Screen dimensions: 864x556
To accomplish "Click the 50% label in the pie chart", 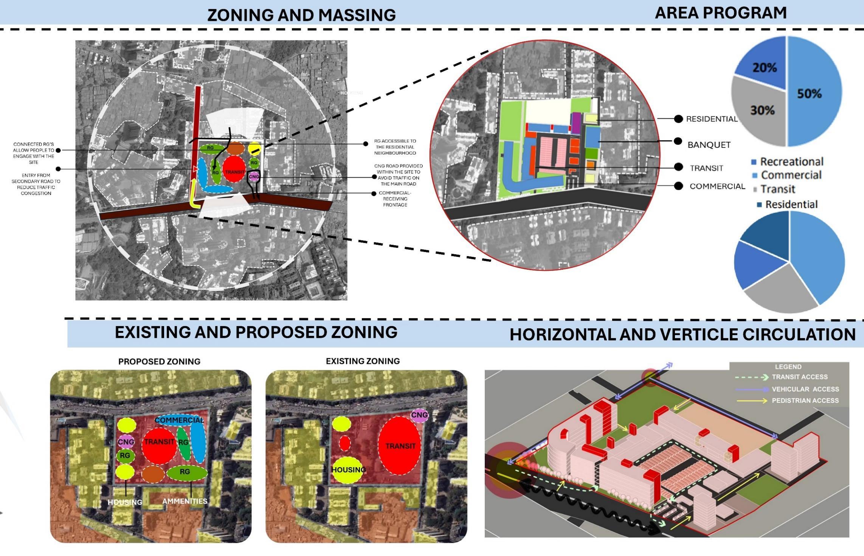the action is (x=809, y=93).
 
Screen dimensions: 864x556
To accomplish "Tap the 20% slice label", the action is (x=765, y=68).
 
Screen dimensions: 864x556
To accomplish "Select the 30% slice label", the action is (x=762, y=110).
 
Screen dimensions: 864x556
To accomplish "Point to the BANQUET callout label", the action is (x=709, y=145).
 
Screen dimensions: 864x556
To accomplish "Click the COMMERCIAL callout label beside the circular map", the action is (x=717, y=186).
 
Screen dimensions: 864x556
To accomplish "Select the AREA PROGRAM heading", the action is (x=721, y=13).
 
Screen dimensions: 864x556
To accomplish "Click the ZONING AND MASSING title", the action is (x=301, y=15).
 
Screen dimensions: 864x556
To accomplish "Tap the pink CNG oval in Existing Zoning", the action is (x=419, y=415).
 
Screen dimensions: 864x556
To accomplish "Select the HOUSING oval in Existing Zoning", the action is (x=348, y=470).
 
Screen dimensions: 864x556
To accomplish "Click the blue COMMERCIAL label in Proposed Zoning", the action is (x=179, y=420).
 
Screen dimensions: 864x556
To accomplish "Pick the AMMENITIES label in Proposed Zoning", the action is (x=185, y=501).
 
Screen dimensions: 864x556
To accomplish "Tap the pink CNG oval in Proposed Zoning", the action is (x=126, y=441).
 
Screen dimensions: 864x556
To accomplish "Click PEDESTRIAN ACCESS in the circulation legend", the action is (x=805, y=401).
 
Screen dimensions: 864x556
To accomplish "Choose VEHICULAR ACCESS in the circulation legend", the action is (x=805, y=389).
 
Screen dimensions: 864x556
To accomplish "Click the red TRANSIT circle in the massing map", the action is (x=234, y=171).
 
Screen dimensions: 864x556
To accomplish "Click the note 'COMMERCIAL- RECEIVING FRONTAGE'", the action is (x=395, y=199).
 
